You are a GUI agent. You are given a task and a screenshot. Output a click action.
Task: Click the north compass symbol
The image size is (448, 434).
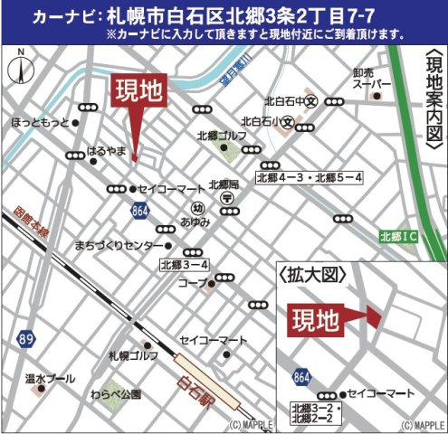click(20, 69)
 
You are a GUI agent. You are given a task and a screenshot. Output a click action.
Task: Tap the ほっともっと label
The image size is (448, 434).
click(40, 121)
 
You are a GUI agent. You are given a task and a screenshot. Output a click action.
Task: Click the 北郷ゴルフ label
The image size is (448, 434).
click(221, 136)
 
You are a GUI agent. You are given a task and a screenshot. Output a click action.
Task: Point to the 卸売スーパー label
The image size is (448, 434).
click(371, 84)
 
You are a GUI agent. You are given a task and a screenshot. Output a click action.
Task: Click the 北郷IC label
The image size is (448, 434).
click(397, 237)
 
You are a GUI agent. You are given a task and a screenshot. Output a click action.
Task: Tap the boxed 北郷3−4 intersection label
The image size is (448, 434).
click(185, 265)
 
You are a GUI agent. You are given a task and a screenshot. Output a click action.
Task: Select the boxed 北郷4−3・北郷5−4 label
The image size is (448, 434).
click(310, 177)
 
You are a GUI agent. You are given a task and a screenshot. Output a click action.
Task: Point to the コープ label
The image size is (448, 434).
click(191, 284)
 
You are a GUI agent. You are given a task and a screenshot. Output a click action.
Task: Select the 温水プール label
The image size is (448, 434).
click(50, 377)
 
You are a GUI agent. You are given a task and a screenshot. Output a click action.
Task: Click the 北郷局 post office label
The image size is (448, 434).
click(223, 184)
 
